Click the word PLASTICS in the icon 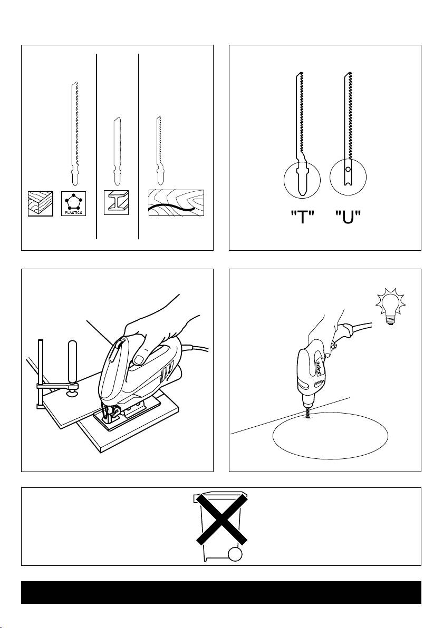[x=73, y=212]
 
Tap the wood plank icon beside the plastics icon [x=41, y=203]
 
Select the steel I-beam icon [x=116, y=202]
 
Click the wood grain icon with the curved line [x=176, y=203]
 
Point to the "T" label [x=302, y=218]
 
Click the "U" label [x=348, y=218]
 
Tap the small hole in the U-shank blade [x=348, y=170]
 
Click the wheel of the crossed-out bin [x=235, y=554]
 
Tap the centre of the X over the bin [x=221, y=518]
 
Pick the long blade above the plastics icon [x=74, y=134]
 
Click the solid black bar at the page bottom [x=221, y=592]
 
